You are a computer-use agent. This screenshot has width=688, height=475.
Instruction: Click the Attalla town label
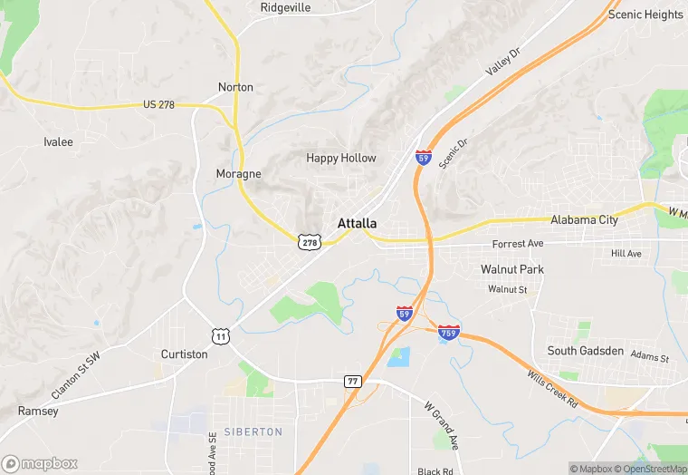[357, 223]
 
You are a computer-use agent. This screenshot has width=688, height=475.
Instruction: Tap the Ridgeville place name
[285, 7]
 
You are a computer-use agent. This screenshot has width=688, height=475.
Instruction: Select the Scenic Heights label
[645, 15]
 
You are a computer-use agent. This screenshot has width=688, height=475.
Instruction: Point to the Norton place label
[235, 87]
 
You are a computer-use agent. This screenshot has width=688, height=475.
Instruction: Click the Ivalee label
[58, 142]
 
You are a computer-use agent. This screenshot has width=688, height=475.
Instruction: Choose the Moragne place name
[238, 173]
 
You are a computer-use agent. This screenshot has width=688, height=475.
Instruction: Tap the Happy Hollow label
[340, 158]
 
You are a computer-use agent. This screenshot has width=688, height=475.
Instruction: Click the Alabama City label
[585, 219]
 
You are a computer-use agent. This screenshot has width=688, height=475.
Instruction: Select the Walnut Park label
[511, 269]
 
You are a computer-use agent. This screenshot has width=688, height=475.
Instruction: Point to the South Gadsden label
[586, 351]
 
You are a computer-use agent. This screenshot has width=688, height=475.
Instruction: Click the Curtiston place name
[184, 354]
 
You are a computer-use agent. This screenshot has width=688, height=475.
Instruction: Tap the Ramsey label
[38, 411]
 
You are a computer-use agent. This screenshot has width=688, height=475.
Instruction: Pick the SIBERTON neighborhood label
[253, 432]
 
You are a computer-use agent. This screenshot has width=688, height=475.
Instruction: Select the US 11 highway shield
[220, 335]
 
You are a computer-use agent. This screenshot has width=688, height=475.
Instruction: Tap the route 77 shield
[353, 382]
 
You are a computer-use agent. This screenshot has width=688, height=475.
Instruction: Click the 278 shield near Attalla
[310, 242]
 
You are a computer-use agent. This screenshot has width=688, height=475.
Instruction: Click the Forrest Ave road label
[517, 245]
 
